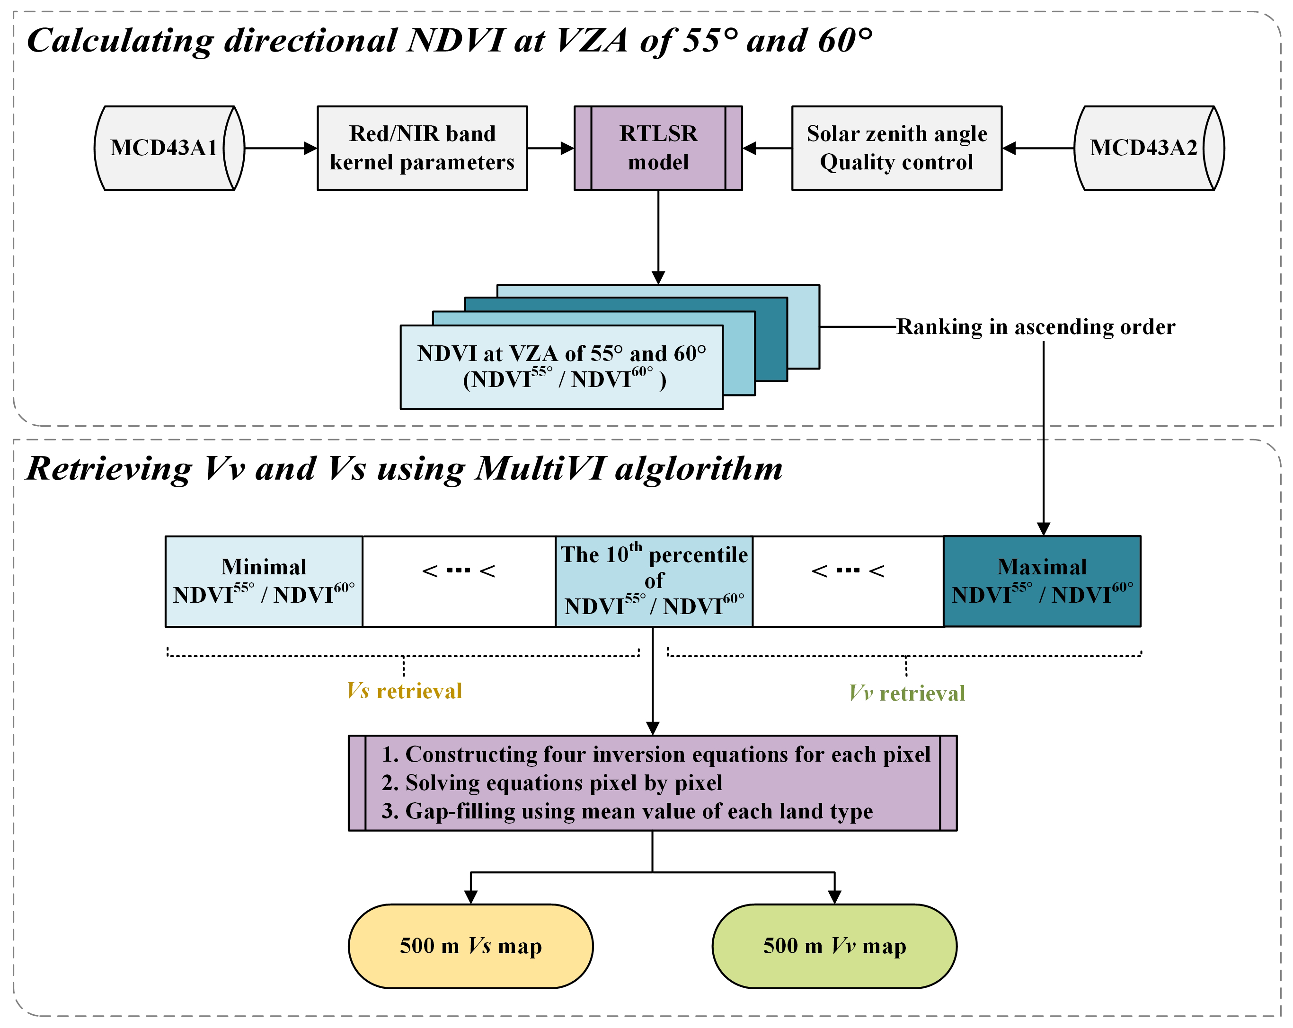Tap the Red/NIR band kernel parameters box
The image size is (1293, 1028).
422,148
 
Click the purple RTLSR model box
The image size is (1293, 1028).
658,148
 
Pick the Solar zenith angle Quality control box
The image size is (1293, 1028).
896,148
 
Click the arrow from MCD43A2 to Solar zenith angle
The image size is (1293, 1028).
1037,148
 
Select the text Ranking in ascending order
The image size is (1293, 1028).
1036,327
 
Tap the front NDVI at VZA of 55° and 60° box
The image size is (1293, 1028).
561,367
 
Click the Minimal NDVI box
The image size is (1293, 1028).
264,581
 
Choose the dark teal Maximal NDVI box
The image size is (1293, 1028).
1042,581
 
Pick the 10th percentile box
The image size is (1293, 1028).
654,581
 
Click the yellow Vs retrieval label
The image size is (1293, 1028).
404,691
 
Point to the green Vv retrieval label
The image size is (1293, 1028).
907,694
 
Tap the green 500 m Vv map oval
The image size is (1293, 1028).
834,946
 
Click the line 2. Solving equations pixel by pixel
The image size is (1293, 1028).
552,783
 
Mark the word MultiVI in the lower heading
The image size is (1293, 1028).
540,468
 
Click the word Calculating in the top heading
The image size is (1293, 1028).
120,41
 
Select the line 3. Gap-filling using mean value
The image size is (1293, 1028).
627,811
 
